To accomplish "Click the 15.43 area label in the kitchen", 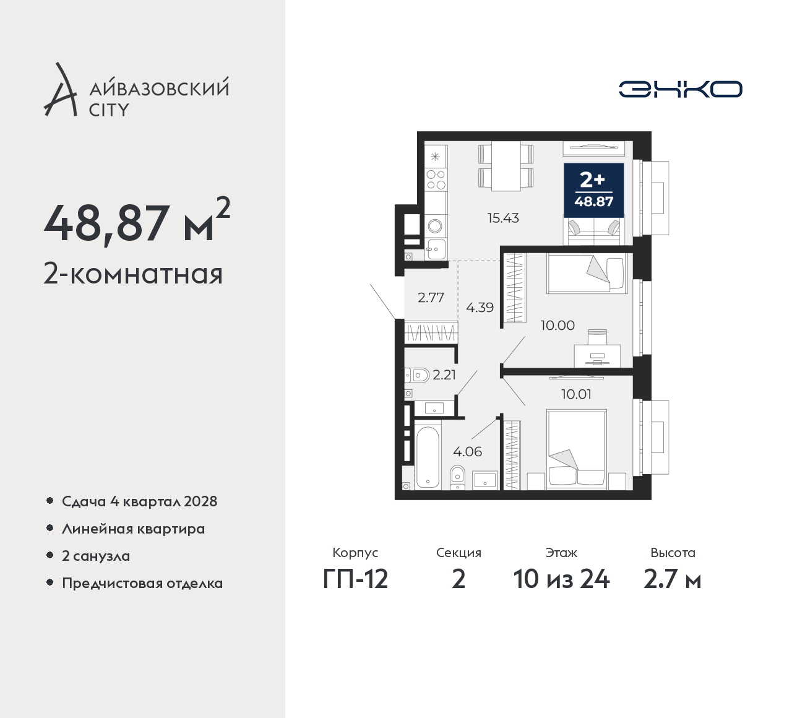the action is [x=503, y=218].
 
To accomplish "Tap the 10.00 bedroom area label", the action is [x=557, y=326].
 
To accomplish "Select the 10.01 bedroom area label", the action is [x=577, y=394].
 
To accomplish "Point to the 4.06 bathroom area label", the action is [x=467, y=451].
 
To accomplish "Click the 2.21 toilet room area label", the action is [x=444, y=375].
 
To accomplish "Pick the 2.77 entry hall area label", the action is [x=431, y=297].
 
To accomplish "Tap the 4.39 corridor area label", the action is [x=480, y=307].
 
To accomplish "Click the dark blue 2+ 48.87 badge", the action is [x=594, y=191].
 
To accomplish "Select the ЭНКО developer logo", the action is [x=680, y=89].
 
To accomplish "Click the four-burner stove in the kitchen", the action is [x=436, y=179].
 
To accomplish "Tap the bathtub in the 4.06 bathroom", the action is [x=428, y=457].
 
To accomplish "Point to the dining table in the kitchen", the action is [x=506, y=167].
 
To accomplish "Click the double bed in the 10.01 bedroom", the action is [x=576, y=449].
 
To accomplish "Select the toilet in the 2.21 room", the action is [x=417, y=376].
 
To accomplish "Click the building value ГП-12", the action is [x=355, y=579].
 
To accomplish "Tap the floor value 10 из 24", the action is [x=561, y=579].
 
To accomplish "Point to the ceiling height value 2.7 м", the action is [x=673, y=579].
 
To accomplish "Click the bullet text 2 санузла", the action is [x=96, y=556].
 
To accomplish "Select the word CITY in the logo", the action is [x=109, y=110].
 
